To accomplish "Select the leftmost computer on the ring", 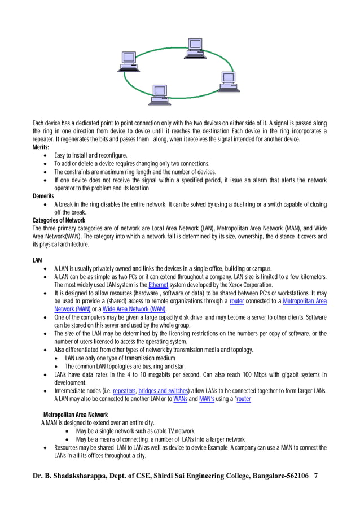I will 129,62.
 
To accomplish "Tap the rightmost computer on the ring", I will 229,81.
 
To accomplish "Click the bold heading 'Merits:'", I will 41,147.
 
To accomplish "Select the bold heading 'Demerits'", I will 43,195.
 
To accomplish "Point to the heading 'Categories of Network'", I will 59,220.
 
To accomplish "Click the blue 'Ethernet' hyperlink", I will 157,285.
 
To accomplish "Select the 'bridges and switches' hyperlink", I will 164,390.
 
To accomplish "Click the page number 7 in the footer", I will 316,476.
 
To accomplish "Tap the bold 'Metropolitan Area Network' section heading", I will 75,415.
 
